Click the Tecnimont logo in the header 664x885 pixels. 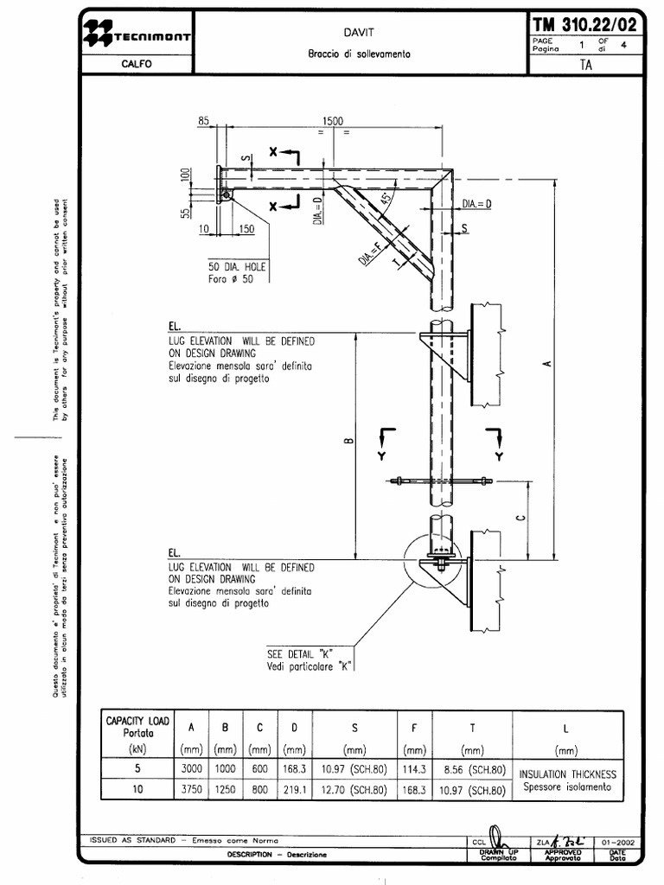[x=137, y=35]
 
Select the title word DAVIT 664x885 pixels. [x=359, y=31]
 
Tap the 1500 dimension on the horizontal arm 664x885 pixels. [x=333, y=122]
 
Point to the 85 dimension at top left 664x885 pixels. [x=204, y=122]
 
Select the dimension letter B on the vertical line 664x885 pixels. [x=348, y=442]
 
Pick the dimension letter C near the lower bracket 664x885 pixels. [x=520, y=518]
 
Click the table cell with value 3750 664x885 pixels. [x=196, y=789]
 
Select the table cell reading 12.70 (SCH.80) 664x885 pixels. [x=354, y=789]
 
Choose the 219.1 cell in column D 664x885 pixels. [x=293, y=789]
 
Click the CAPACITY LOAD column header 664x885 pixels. [x=138, y=726]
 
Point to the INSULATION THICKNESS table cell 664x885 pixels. [x=567, y=774]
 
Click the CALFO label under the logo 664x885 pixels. [x=137, y=65]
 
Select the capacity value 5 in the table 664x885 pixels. [x=137, y=768]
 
